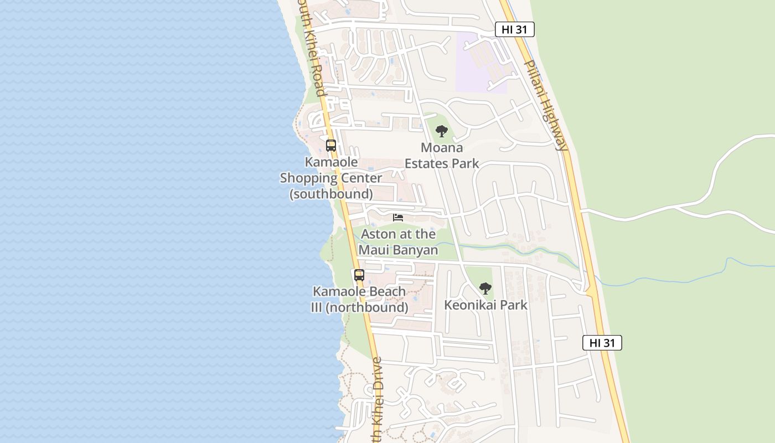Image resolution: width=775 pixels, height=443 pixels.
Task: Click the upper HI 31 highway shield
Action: tap(514, 30)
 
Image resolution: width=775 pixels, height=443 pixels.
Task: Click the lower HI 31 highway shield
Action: tap(602, 343)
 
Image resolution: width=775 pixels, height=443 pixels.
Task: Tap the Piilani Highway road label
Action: tap(546, 105)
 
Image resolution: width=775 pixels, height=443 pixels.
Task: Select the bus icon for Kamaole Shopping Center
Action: tap(331, 146)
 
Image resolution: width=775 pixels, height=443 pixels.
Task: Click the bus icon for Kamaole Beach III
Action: tap(359, 275)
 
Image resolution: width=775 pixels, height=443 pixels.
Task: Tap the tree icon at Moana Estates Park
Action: tap(441, 131)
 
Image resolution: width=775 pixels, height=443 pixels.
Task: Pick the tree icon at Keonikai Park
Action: tap(485, 289)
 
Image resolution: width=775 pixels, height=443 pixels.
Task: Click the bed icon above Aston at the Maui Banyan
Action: tap(398, 218)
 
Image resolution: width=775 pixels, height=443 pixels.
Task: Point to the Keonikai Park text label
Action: tap(485, 305)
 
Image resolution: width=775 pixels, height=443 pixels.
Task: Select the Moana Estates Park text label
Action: tap(442, 156)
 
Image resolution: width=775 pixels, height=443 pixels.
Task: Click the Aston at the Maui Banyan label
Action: tap(398, 242)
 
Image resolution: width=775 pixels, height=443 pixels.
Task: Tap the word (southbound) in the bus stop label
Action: tap(331, 194)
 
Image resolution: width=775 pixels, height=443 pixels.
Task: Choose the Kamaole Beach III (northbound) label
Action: tap(359, 299)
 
